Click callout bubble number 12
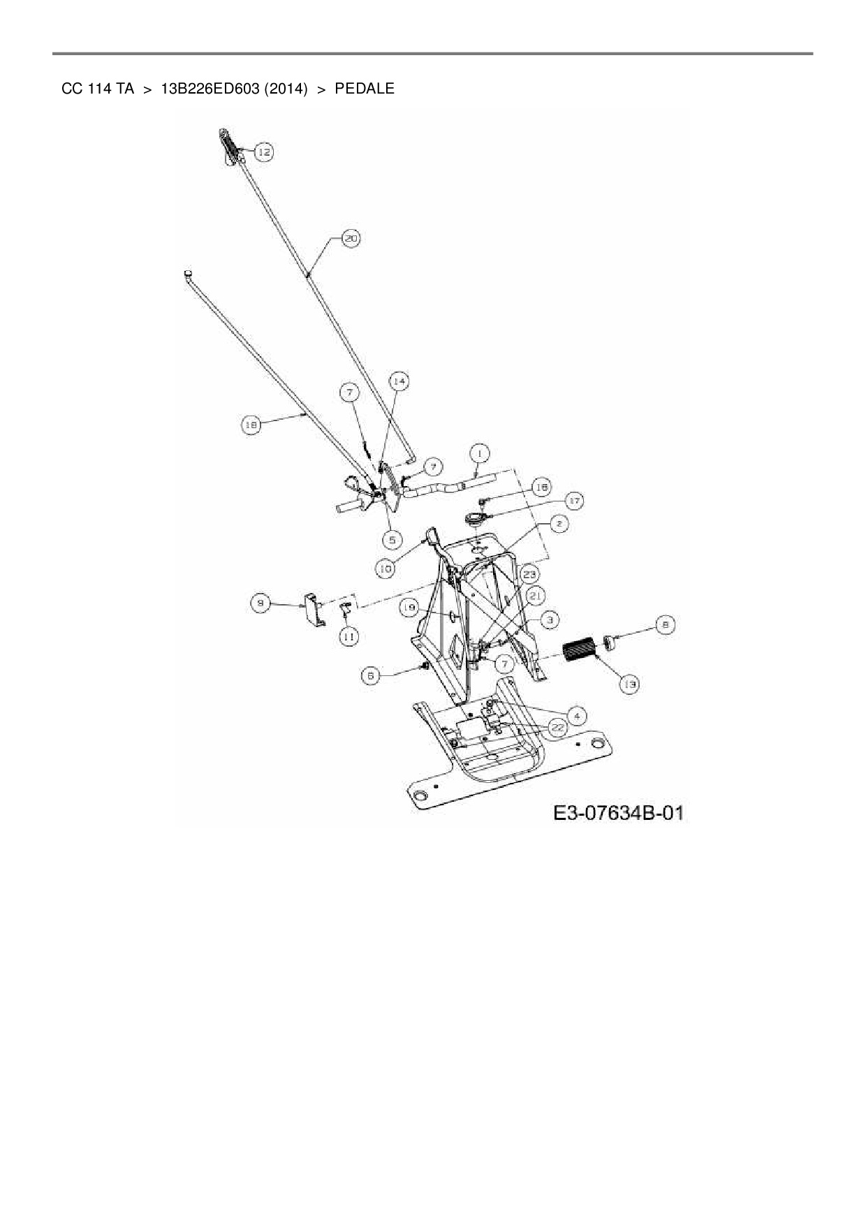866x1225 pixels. [x=263, y=152]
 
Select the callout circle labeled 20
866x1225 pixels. [x=351, y=238]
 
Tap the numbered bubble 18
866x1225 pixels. [x=251, y=424]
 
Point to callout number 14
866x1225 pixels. [x=399, y=381]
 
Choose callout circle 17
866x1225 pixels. [x=573, y=501]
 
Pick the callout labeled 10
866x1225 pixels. [x=385, y=569]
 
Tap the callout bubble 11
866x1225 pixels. [x=348, y=636]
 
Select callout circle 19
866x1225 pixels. [x=410, y=608]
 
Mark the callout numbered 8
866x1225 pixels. [x=665, y=625]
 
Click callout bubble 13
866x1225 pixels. [x=630, y=685]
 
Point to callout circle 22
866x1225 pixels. [x=557, y=727]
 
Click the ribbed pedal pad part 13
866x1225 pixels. [x=577, y=651]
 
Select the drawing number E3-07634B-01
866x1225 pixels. [x=617, y=813]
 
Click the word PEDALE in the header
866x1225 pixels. [x=364, y=89]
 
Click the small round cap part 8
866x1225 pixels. [x=610, y=640]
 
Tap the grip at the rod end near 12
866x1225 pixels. [x=230, y=145]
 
